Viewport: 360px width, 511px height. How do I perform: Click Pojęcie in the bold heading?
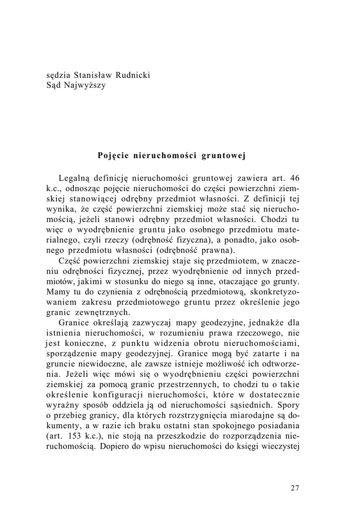[114, 155]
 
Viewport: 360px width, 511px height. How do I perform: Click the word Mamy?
[57, 292]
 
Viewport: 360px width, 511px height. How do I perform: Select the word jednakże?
[262, 323]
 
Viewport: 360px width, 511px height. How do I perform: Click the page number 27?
[295, 488]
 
